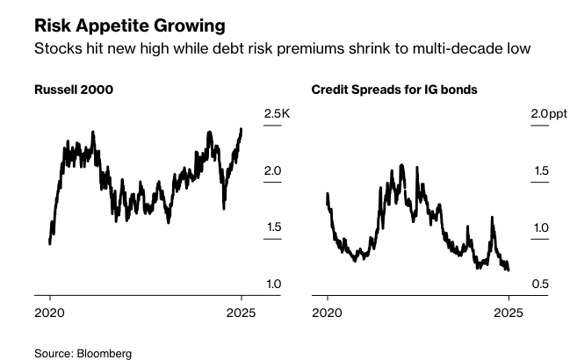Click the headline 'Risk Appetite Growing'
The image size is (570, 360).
(128, 24)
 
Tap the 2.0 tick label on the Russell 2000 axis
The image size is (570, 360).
(272, 170)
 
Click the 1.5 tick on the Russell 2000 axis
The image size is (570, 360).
(272, 227)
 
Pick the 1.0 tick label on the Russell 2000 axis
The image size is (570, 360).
(272, 284)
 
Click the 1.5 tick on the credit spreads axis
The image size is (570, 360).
(540, 170)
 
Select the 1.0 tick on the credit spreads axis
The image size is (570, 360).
(540, 227)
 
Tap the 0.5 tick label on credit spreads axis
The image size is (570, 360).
(540, 284)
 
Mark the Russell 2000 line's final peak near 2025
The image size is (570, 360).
(242, 129)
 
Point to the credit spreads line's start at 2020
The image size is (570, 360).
(327, 194)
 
